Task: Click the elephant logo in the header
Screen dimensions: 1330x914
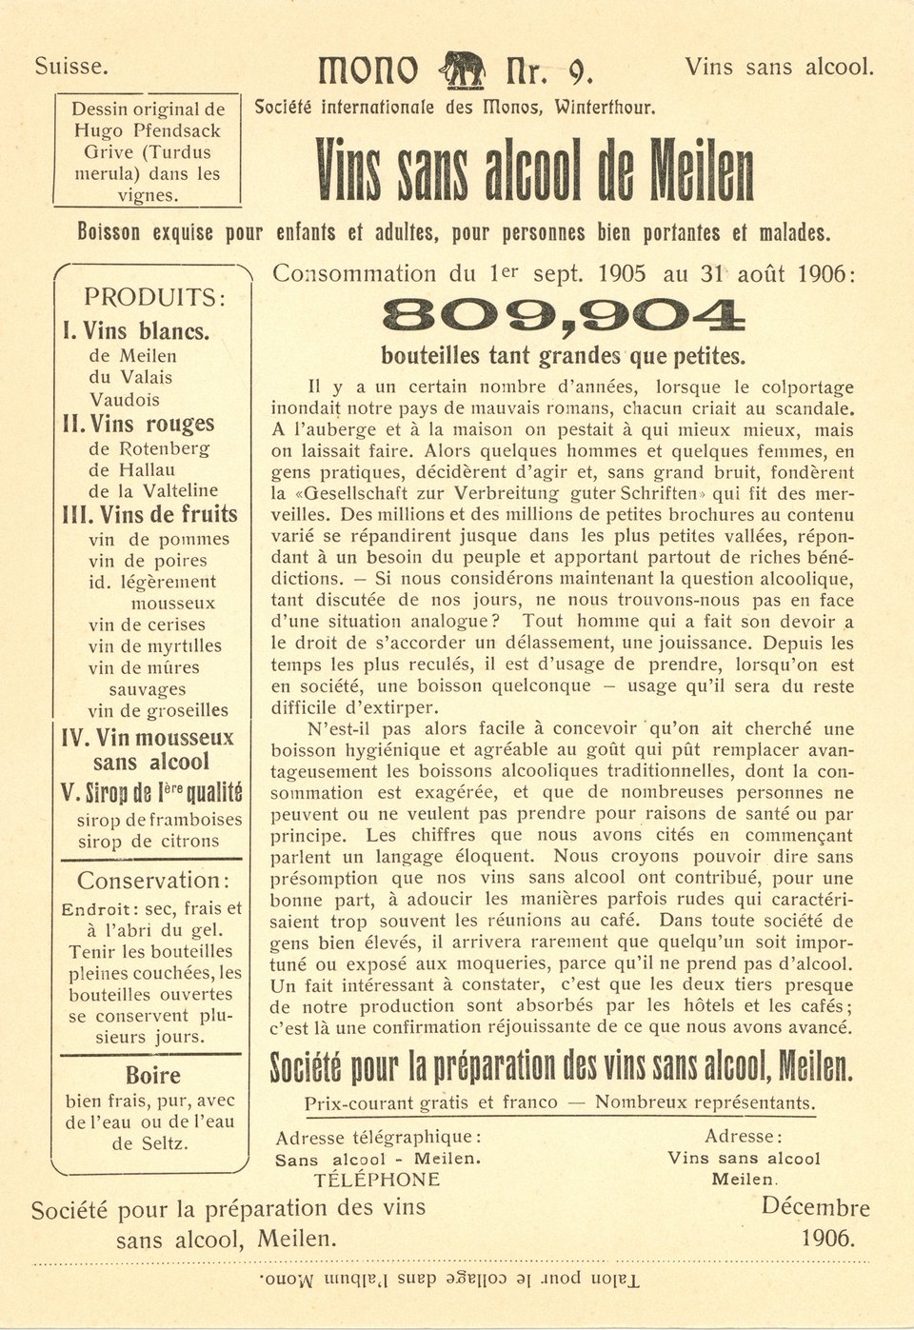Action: (x=463, y=69)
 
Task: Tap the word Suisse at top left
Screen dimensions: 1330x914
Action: (x=71, y=67)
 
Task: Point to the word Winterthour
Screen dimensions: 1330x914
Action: (x=607, y=107)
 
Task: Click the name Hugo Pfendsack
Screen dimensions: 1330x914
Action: (x=148, y=130)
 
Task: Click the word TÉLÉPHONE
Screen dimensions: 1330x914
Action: (x=377, y=1180)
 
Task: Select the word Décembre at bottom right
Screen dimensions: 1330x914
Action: (x=815, y=1207)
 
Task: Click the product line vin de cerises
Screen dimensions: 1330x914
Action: (x=147, y=625)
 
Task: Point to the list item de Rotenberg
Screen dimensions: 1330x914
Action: (x=149, y=447)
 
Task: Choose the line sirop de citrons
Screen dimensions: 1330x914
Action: (x=149, y=841)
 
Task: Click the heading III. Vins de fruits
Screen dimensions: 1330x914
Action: (x=149, y=515)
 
